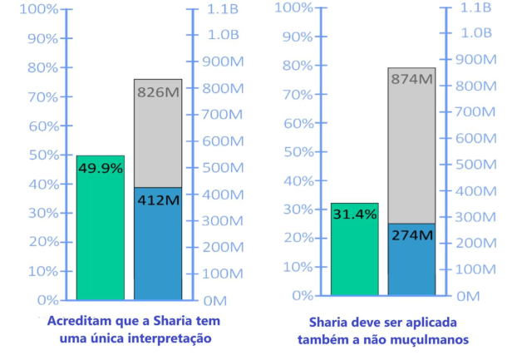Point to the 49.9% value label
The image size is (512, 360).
101,168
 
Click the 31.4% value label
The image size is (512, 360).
355,215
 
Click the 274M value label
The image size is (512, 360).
412,235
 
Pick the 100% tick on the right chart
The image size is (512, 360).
293,8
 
